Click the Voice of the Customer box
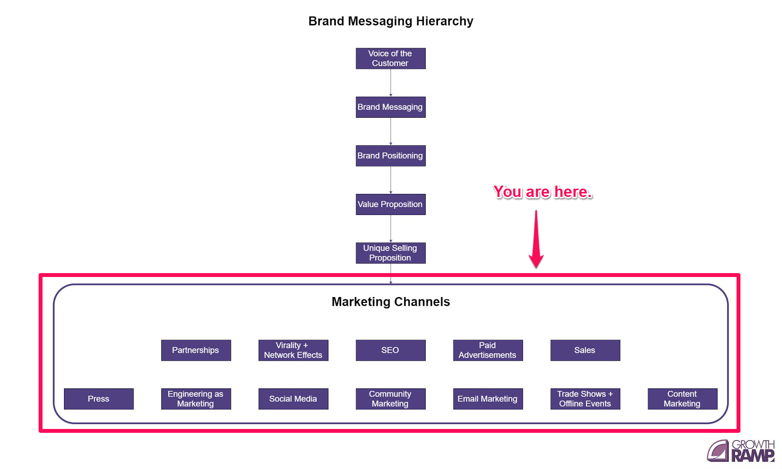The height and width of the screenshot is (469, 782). (x=390, y=58)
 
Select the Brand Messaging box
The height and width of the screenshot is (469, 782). (x=390, y=107)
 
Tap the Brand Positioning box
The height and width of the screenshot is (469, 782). (x=390, y=155)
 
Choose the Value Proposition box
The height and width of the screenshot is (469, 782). (x=390, y=204)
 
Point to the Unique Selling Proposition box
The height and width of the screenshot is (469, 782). (x=390, y=253)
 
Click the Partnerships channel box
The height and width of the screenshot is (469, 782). (x=195, y=350)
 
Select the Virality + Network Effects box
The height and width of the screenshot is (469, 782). (x=293, y=350)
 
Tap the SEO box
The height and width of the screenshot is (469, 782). (x=390, y=350)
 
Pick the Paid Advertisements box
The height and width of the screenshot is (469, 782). (x=487, y=350)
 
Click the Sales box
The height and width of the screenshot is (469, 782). (x=585, y=350)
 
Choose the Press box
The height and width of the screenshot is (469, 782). (x=98, y=399)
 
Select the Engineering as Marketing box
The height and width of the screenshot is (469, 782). (x=195, y=399)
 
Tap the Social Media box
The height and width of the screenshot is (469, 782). (x=293, y=399)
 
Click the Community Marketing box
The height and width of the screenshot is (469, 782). (x=390, y=399)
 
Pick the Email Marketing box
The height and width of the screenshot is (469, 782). (x=487, y=399)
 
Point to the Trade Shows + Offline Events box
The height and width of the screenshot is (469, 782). (x=585, y=399)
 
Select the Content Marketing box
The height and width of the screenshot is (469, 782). (x=682, y=399)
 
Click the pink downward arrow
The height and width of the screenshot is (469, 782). (x=536, y=239)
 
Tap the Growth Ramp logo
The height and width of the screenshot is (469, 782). (x=741, y=450)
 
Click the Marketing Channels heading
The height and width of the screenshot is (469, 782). (x=391, y=302)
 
